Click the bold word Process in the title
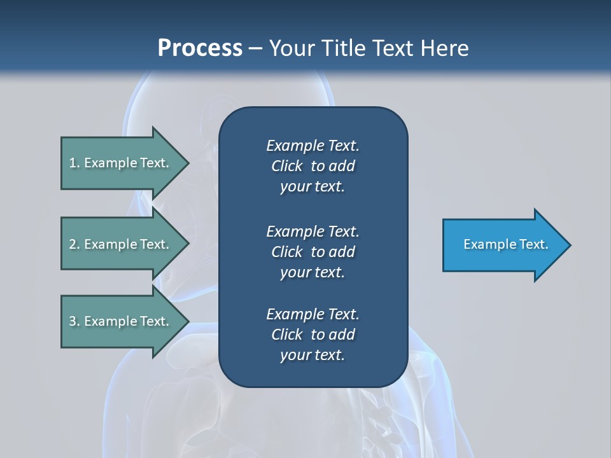[x=200, y=48]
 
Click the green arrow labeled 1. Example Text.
[x=121, y=163]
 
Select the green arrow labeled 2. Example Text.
[x=121, y=244]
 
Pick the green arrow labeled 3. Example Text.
[x=121, y=321]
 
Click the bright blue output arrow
[x=503, y=245]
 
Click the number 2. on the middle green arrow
[x=74, y=244]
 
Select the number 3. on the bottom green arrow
[x=74, y=321]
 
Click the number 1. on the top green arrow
[x=74, y=163]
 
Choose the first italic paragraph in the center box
[x=313, y=166]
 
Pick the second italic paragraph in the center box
[x=313, y=251]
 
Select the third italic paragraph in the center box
[x=313, y=335]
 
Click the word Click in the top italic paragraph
[x=286, y=166]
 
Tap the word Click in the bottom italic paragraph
[x=286, y=335]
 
